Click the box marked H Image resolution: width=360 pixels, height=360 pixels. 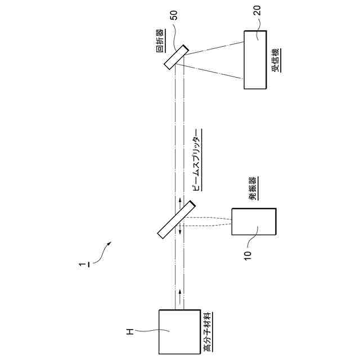(179, 330)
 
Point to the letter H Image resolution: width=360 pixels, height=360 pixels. (129, 333)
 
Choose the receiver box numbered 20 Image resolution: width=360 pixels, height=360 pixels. (256, 60)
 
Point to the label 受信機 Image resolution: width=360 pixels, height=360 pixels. (276, 60)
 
